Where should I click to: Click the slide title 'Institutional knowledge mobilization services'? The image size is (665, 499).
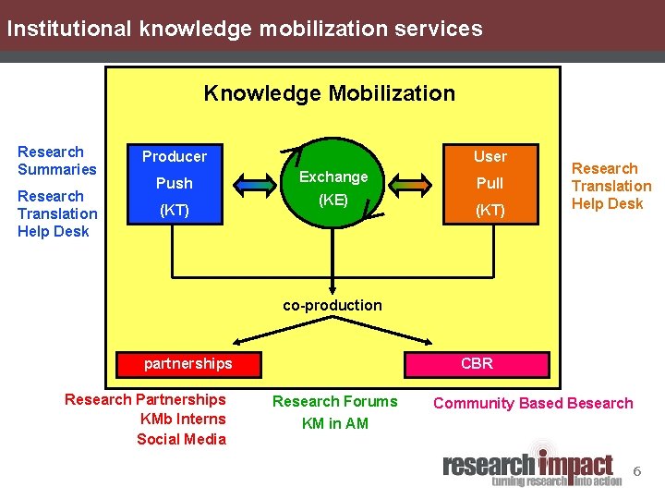click(x=244, y=29)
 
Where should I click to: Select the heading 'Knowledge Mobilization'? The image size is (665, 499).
click(x=330, y=93)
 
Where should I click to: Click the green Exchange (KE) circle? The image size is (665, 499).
click(x=332, y=185)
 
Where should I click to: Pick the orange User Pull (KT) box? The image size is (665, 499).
click(x=490, y=183)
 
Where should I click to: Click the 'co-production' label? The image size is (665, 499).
click(x=332, y=305)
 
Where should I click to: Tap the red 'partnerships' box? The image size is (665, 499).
click(x=188, y=363)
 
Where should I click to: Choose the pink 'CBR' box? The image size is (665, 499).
click(x=477, y=363)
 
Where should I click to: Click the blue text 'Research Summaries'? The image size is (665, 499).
click(x=56, y=160)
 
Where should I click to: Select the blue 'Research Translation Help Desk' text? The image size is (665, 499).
click(x=56, y=213)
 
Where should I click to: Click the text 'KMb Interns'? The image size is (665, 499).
click(x=183, y=419)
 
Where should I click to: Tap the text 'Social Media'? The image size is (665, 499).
click(x=181, y=439)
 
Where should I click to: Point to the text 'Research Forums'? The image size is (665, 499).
click(x=334, y=401)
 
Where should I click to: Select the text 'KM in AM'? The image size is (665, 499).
click(x=334, y=423)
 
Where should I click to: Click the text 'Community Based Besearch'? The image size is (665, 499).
click(x=533, y=403)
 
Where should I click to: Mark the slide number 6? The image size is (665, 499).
click(x=636, y=472)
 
